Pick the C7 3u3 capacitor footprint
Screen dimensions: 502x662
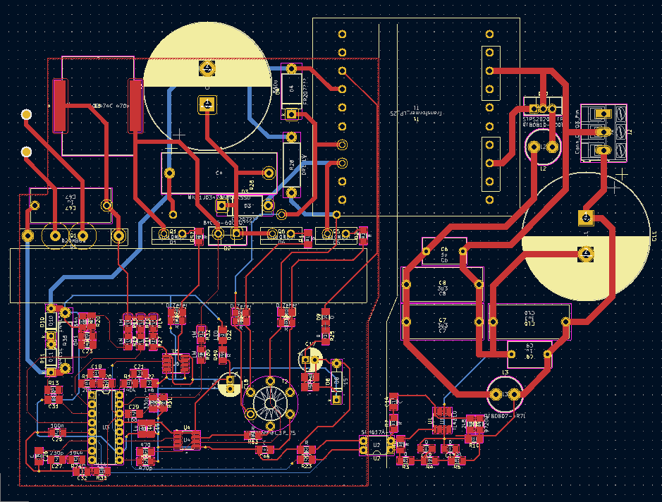click(443, 322)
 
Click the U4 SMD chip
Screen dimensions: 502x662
click(187, 439)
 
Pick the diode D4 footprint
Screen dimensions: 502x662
click(290, 92)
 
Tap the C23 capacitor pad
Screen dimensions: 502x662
click(87, 343)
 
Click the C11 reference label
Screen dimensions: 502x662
click(655, 235)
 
